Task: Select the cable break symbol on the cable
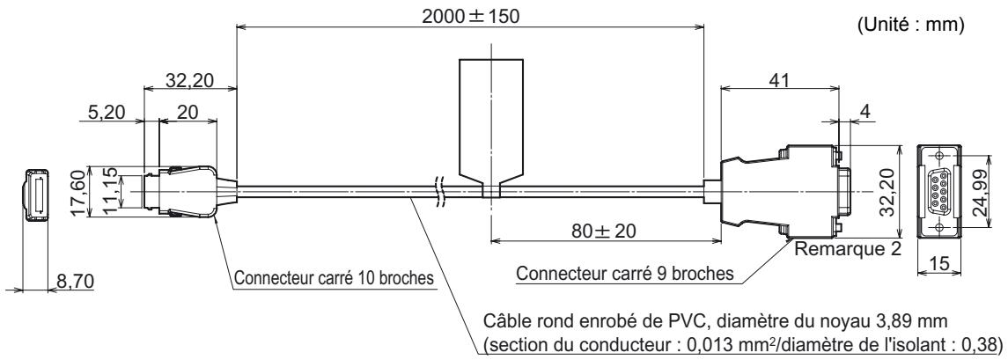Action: [x=438, y=191]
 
